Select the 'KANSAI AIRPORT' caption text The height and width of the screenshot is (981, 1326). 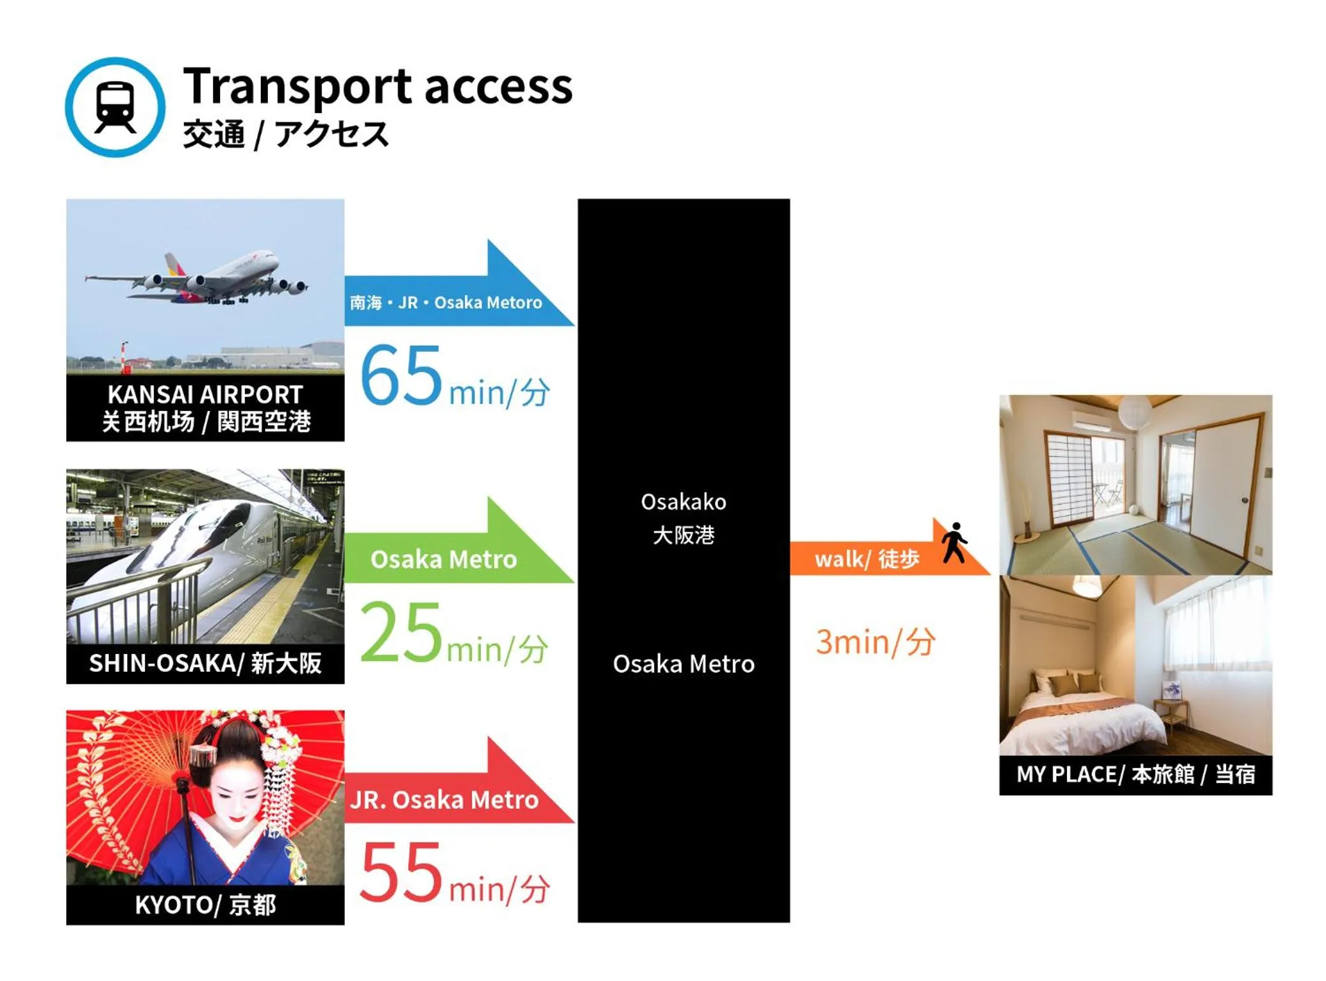(205, 394)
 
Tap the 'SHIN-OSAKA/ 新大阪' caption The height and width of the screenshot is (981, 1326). (205, 662)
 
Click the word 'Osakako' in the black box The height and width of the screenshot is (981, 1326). (683, 501)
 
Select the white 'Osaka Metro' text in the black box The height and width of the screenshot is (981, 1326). (683, 664)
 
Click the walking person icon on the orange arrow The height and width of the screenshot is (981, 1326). (954, 543)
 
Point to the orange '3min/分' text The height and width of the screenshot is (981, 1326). (875, 641)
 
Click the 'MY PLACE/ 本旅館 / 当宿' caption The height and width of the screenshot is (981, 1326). (1134, 774)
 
